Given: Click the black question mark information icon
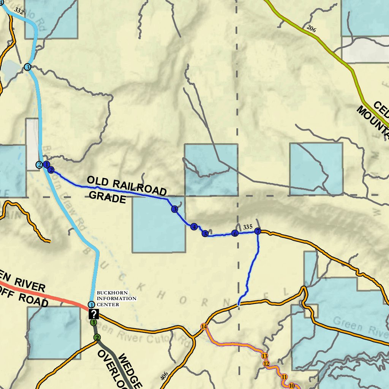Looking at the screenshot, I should [x=93, y=314].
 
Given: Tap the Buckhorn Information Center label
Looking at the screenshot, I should [x=116, y=299].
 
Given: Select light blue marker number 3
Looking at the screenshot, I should [x=27, y=67].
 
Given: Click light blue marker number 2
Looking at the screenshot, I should [x=39, y=164].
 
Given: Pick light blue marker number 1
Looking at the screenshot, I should [x=91, y=305].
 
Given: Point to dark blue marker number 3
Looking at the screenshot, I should [x=174, y=209].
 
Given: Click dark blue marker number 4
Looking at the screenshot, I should [x=194, y=227].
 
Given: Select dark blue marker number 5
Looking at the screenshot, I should [x=205, y=234].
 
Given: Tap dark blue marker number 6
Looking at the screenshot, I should [x=235, y=233].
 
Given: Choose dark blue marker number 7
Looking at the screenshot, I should [x=258, y=231].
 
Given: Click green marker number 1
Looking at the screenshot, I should [x=93, y=323].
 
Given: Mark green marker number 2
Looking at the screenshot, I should [x=97, y=337].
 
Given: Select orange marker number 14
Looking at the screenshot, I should [x=204, y=327].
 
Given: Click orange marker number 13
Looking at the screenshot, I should [x=265, y=356].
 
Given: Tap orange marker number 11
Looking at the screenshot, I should [x=284, y=376].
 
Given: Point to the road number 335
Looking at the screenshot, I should [x=248, y=227].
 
